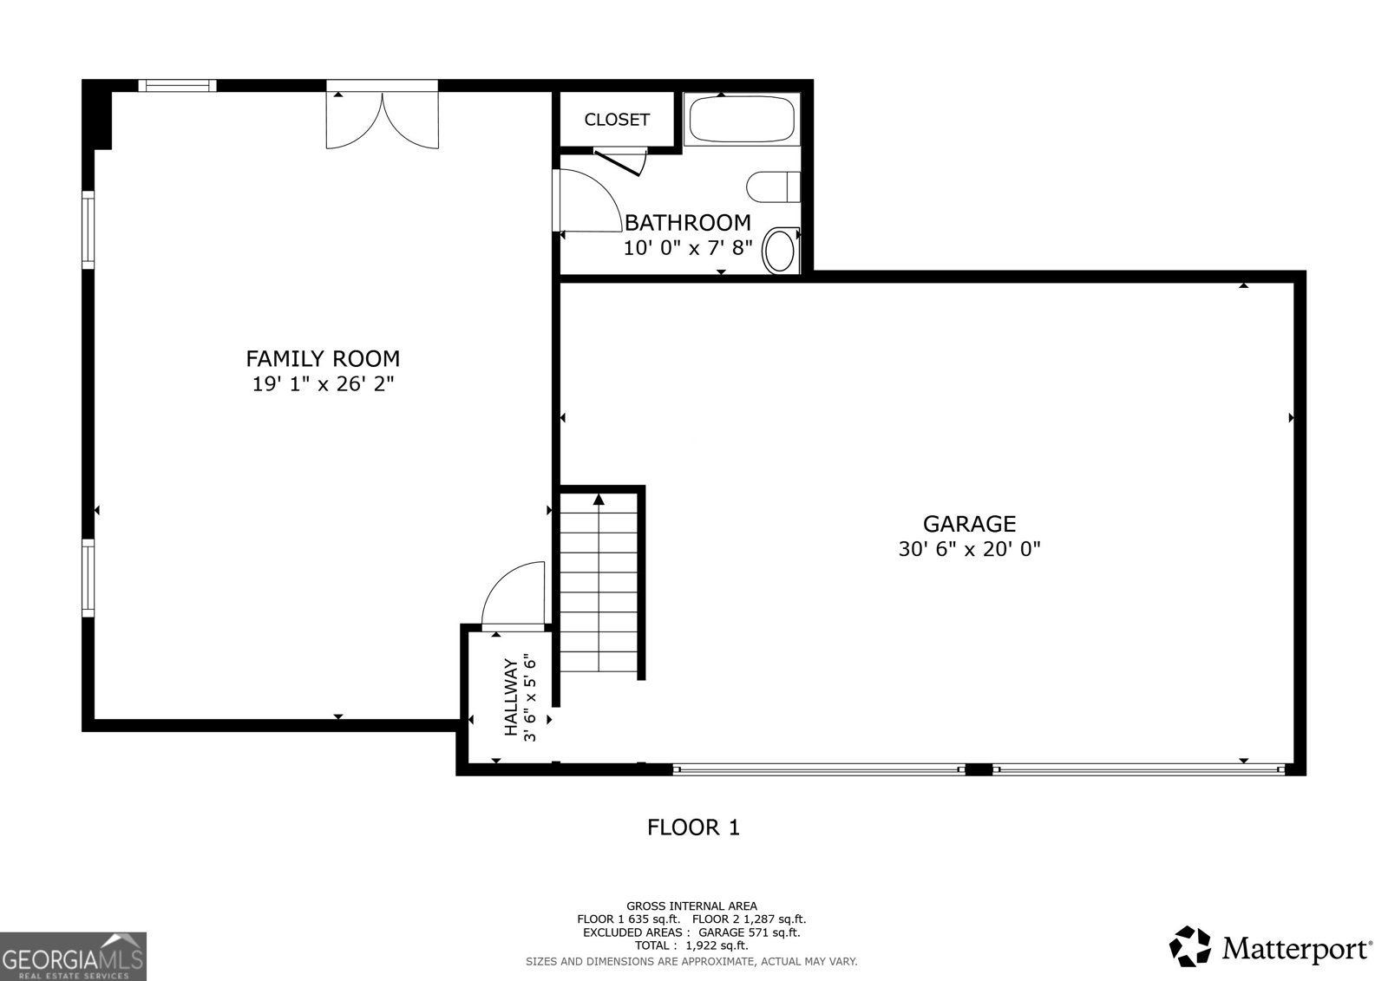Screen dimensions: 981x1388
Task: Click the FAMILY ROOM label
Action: [x=323, y=358]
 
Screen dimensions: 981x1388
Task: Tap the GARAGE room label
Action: [x=969, y=524]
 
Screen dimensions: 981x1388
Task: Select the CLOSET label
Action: [x=617, y=120]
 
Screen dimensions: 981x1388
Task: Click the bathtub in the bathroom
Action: [x=741, y=121]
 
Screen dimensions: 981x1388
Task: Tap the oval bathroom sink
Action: [x=780, y=251]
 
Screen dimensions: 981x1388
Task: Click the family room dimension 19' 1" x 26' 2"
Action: [x=323, y=384]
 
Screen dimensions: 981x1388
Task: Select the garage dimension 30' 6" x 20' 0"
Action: [x=969, y=549]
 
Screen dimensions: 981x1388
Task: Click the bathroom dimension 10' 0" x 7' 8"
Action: [x=688, y=248]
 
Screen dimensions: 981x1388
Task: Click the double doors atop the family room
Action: [x=382, y=118]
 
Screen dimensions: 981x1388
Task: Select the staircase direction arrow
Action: [x=599, y=499]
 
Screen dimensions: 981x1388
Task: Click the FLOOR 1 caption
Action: [x=693, y=827]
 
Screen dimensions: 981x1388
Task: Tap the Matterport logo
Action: [x=1272, y=946]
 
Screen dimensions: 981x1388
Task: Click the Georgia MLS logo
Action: [x=73, y=956]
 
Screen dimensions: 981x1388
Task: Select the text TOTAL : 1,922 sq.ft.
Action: [x=691, y=945]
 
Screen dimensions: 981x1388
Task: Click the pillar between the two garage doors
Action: [x=979, y=769]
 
